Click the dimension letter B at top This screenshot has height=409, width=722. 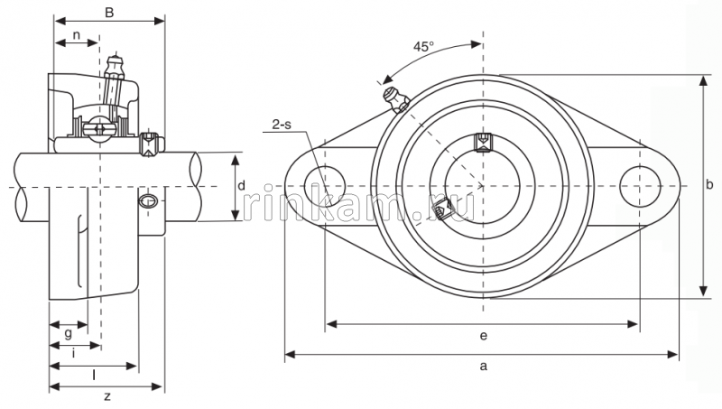109,12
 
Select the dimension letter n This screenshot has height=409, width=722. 77,35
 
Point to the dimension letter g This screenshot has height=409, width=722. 69,333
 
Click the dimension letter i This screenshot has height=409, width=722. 73,353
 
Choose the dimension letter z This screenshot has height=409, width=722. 106,396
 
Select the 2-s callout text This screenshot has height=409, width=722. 281,125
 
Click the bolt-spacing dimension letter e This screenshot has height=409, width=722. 484,336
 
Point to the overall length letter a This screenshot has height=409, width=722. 484,366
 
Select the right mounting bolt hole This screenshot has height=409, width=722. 640,186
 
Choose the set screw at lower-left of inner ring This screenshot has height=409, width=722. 442,211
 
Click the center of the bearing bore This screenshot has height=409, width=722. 483,186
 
